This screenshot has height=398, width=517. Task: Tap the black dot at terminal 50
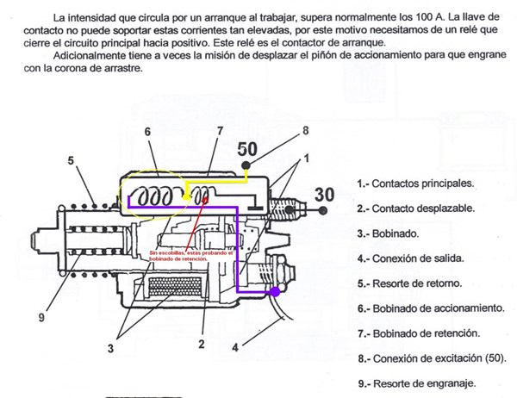(247, 165)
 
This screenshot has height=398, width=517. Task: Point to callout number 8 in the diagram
(305, 131)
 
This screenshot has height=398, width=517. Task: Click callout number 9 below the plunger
(40, 316)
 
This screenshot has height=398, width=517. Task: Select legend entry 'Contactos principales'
(417, 183)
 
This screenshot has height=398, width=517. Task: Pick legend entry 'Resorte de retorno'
(412, 283)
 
